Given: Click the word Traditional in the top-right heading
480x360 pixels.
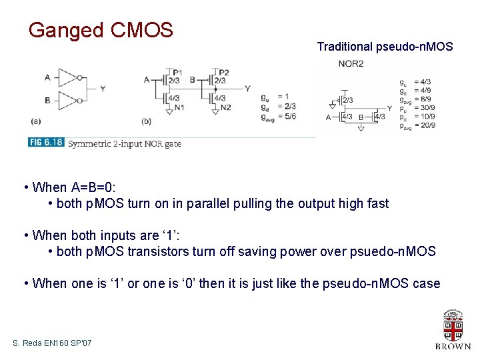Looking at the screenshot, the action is (345, 47).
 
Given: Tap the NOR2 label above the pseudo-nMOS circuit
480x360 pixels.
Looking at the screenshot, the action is (351, 64).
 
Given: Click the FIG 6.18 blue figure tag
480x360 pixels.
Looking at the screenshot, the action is (46, 143).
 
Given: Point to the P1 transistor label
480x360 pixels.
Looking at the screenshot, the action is (177, 72).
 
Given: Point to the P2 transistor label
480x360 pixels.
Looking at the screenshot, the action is (223, 72).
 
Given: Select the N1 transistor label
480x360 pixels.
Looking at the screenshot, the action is (179, 107).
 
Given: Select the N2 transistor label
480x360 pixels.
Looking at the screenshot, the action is (225, 107).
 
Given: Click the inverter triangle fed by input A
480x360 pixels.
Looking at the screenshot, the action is (69, 77).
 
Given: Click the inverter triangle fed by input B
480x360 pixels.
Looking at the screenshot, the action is (69, 101).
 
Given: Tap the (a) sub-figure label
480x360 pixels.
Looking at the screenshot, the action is (35, 121).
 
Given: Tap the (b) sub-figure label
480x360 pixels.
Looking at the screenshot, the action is (146, 121).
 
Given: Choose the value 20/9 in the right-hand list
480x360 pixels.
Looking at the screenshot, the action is (428, 125).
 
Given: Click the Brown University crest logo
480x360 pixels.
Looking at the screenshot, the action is (453, 325).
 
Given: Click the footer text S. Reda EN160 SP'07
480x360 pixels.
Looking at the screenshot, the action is (52, 343).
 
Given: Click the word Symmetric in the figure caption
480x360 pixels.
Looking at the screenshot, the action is (90, 143).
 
